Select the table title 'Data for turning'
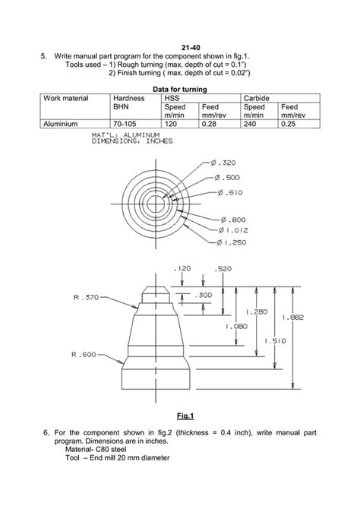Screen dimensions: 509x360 click(x=179, y=89)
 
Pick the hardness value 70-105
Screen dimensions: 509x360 click(x=125, y=122)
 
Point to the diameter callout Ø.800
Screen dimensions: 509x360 click(x=233, y=219)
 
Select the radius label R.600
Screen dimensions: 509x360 click(x=84, y=355)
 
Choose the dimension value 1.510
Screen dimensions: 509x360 click(x=275, y=341)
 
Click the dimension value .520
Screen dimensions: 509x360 click(x=223, y=269)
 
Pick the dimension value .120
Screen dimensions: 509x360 click(x=182, y=269)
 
